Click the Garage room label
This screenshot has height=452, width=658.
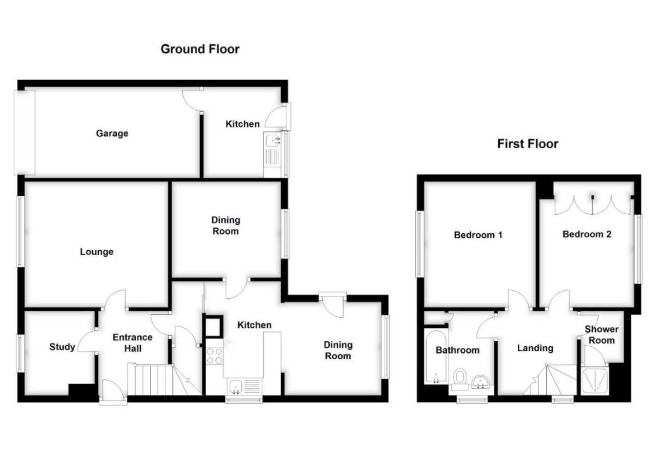point(112,133)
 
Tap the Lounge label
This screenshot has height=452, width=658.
point(97,252)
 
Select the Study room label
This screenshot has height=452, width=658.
point(62,347)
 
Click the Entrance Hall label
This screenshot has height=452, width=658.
point(133,342)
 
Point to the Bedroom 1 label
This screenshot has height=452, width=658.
point(478,236)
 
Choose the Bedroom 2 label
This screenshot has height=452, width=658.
point(587,234)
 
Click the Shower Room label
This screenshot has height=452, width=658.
point(601,335)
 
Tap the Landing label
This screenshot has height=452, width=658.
point(535,348)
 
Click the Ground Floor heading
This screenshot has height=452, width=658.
point(200,49)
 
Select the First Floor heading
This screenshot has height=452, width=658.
point(528,144)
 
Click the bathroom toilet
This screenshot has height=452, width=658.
point(460,378)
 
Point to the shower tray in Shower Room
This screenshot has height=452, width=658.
point(594,381)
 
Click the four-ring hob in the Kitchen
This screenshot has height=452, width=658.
point(214,355)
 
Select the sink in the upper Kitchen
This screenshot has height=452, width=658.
point(271,143)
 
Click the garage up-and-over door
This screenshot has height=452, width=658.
point(25,132)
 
